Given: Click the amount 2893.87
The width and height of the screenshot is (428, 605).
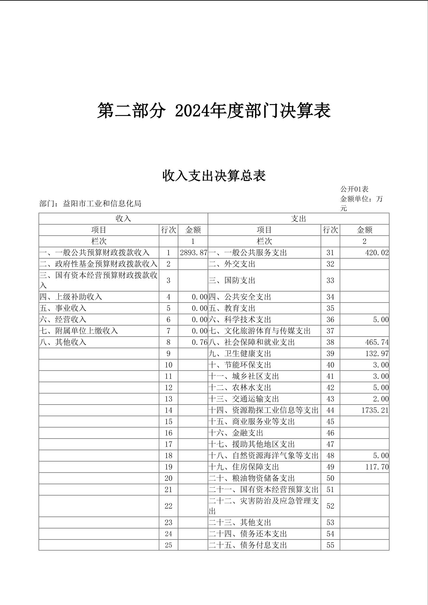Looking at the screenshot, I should point(194,253).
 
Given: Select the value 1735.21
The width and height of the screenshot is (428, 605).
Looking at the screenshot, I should point(375,410).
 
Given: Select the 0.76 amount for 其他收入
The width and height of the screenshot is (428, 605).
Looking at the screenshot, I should point(200,342).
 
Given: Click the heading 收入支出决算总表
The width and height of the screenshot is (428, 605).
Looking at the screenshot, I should point(214,176).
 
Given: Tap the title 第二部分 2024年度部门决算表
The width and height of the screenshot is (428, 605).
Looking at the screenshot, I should point(214,110).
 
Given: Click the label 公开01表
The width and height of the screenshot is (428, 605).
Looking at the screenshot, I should point(354,189).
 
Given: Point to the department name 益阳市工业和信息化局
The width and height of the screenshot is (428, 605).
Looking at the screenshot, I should point(102,204).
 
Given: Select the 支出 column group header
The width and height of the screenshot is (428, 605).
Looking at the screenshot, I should point(298,219).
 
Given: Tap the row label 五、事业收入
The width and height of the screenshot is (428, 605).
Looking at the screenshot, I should point(63,308).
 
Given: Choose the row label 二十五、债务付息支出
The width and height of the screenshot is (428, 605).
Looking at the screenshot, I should point(248,545).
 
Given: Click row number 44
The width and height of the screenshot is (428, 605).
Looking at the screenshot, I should point(330,410).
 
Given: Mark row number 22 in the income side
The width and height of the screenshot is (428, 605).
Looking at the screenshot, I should point(169,506).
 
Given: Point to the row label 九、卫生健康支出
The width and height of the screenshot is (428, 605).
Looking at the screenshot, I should point(240,354).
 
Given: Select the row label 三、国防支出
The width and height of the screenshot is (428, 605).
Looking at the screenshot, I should point(232,280).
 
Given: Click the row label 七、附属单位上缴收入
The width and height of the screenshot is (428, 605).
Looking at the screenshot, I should point(79,331).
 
